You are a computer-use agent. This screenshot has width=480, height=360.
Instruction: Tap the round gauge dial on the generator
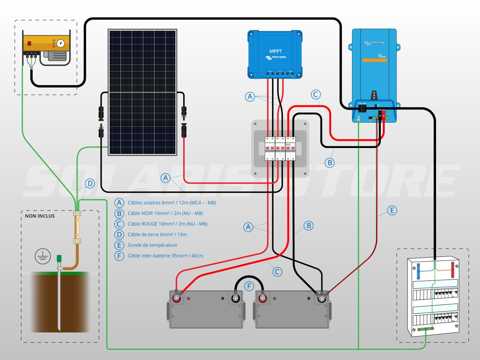pyautogui.click(x=60, y=43)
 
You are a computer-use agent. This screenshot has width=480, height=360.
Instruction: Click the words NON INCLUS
pyautogui.click(x=40, y=216)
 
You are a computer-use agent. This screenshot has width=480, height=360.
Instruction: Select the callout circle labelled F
pyautogui.click(x=249, y=286)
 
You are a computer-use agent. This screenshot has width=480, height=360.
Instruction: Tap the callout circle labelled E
pyautogui.click(x=392, y=210)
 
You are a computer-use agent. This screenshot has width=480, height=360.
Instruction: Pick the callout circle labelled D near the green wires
pyautogui.click(x=90, y=184)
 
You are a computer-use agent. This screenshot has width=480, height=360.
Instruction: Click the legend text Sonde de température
pyautogui.click(x=152, y=245)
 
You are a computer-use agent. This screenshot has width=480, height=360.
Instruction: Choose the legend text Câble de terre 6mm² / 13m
pyautogui.click(x=157, y=234)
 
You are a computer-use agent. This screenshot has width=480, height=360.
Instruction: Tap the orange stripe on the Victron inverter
pyautogui.click(x=374, y=60)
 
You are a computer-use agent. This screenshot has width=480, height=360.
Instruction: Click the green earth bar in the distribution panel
pyautogui.click(x=426, y=329)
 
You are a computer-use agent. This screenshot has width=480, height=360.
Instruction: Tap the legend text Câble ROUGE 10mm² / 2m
pyautogui.click(x=168, y=224)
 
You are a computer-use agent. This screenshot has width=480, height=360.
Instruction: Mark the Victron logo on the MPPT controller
pyautogui.click(x=276, y=58)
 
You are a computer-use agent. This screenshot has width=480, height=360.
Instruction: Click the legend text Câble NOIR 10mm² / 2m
pyautogui.click(x=165, y=213)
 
